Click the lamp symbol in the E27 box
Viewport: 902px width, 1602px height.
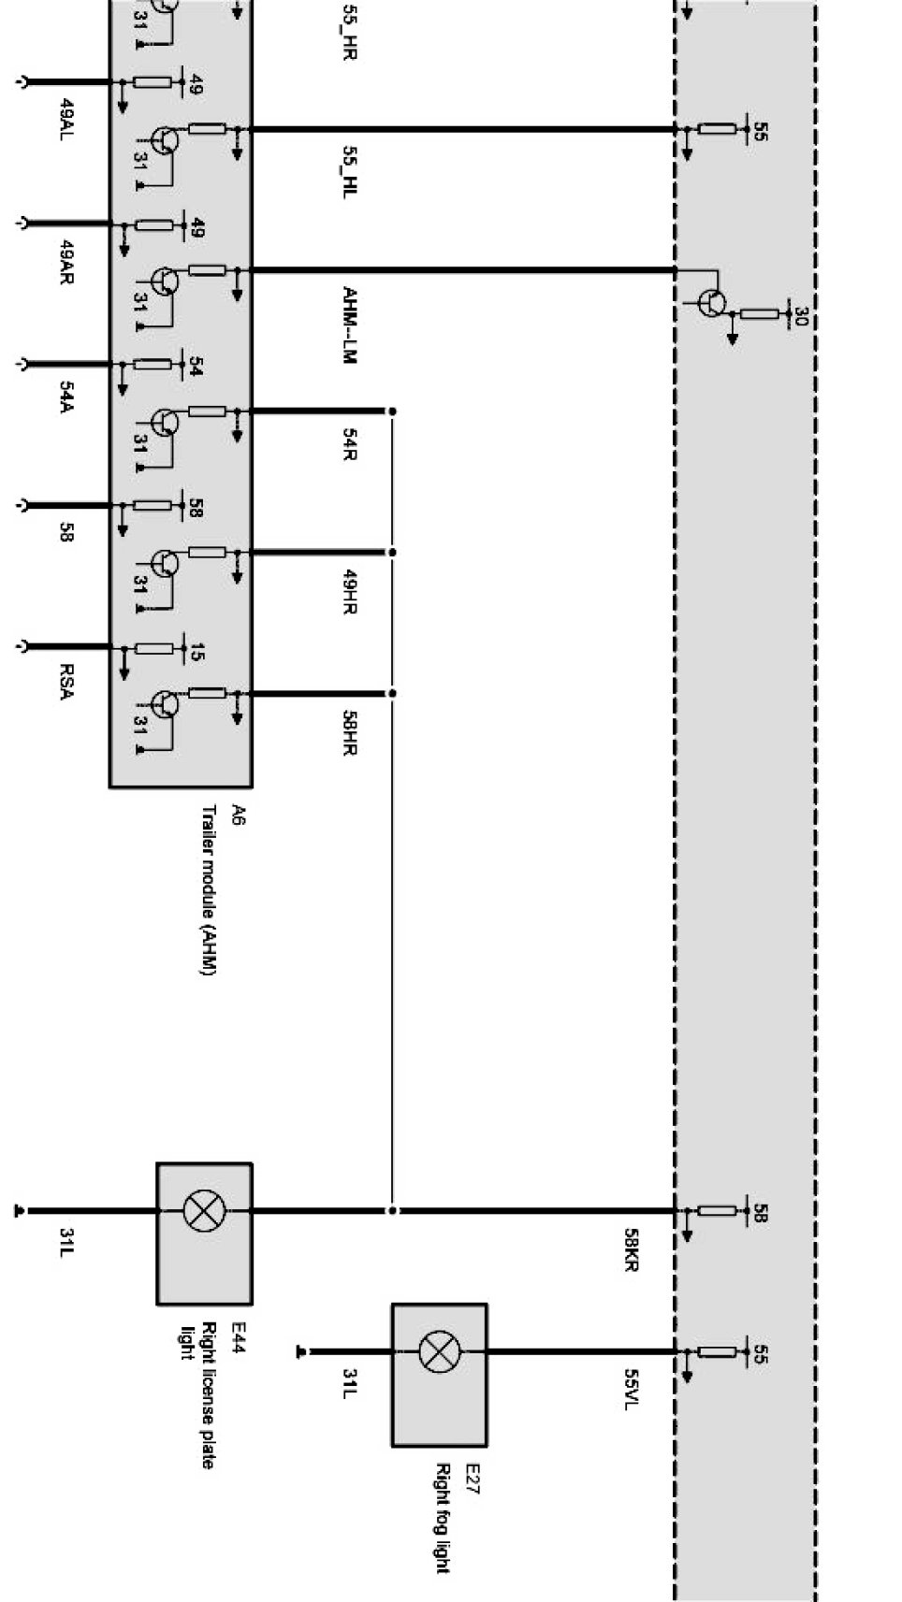[436, 1351]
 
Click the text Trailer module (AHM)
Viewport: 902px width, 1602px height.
[208, 889]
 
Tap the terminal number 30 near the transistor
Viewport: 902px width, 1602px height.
[799, 317]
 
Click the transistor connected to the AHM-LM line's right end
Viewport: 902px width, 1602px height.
[712, 302]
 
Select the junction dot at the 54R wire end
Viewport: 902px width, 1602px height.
[392, 411]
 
